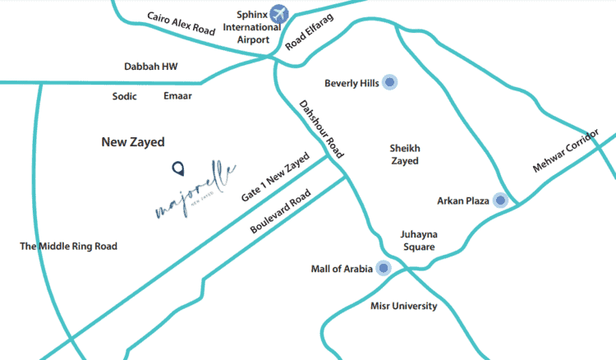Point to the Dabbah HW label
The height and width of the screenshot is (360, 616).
150,67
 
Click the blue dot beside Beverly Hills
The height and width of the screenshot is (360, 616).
390,81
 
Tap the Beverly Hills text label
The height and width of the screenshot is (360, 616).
352,83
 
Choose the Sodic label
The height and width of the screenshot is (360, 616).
125,97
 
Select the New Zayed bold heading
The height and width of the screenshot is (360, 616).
133,142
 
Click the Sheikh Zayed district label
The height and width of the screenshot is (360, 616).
404,155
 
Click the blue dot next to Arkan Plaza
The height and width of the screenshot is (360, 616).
500,200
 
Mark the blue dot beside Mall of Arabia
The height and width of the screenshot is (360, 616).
383,268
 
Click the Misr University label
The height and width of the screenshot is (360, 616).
403,307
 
